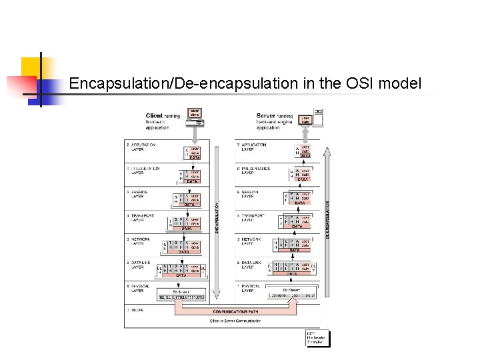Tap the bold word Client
(154, 116)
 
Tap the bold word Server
(266, 116)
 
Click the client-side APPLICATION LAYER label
(141, 147)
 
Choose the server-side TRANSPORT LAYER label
(253, 218)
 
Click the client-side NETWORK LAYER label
(137, 241)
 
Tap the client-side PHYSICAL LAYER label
(139, 289)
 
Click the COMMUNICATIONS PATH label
(237, 311)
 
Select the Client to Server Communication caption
(236, 321)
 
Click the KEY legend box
(317, 338)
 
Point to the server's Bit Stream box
(292, 294)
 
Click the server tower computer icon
(319, 117)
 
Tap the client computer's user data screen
(195, 113)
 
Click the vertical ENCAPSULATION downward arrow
(215, 220)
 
